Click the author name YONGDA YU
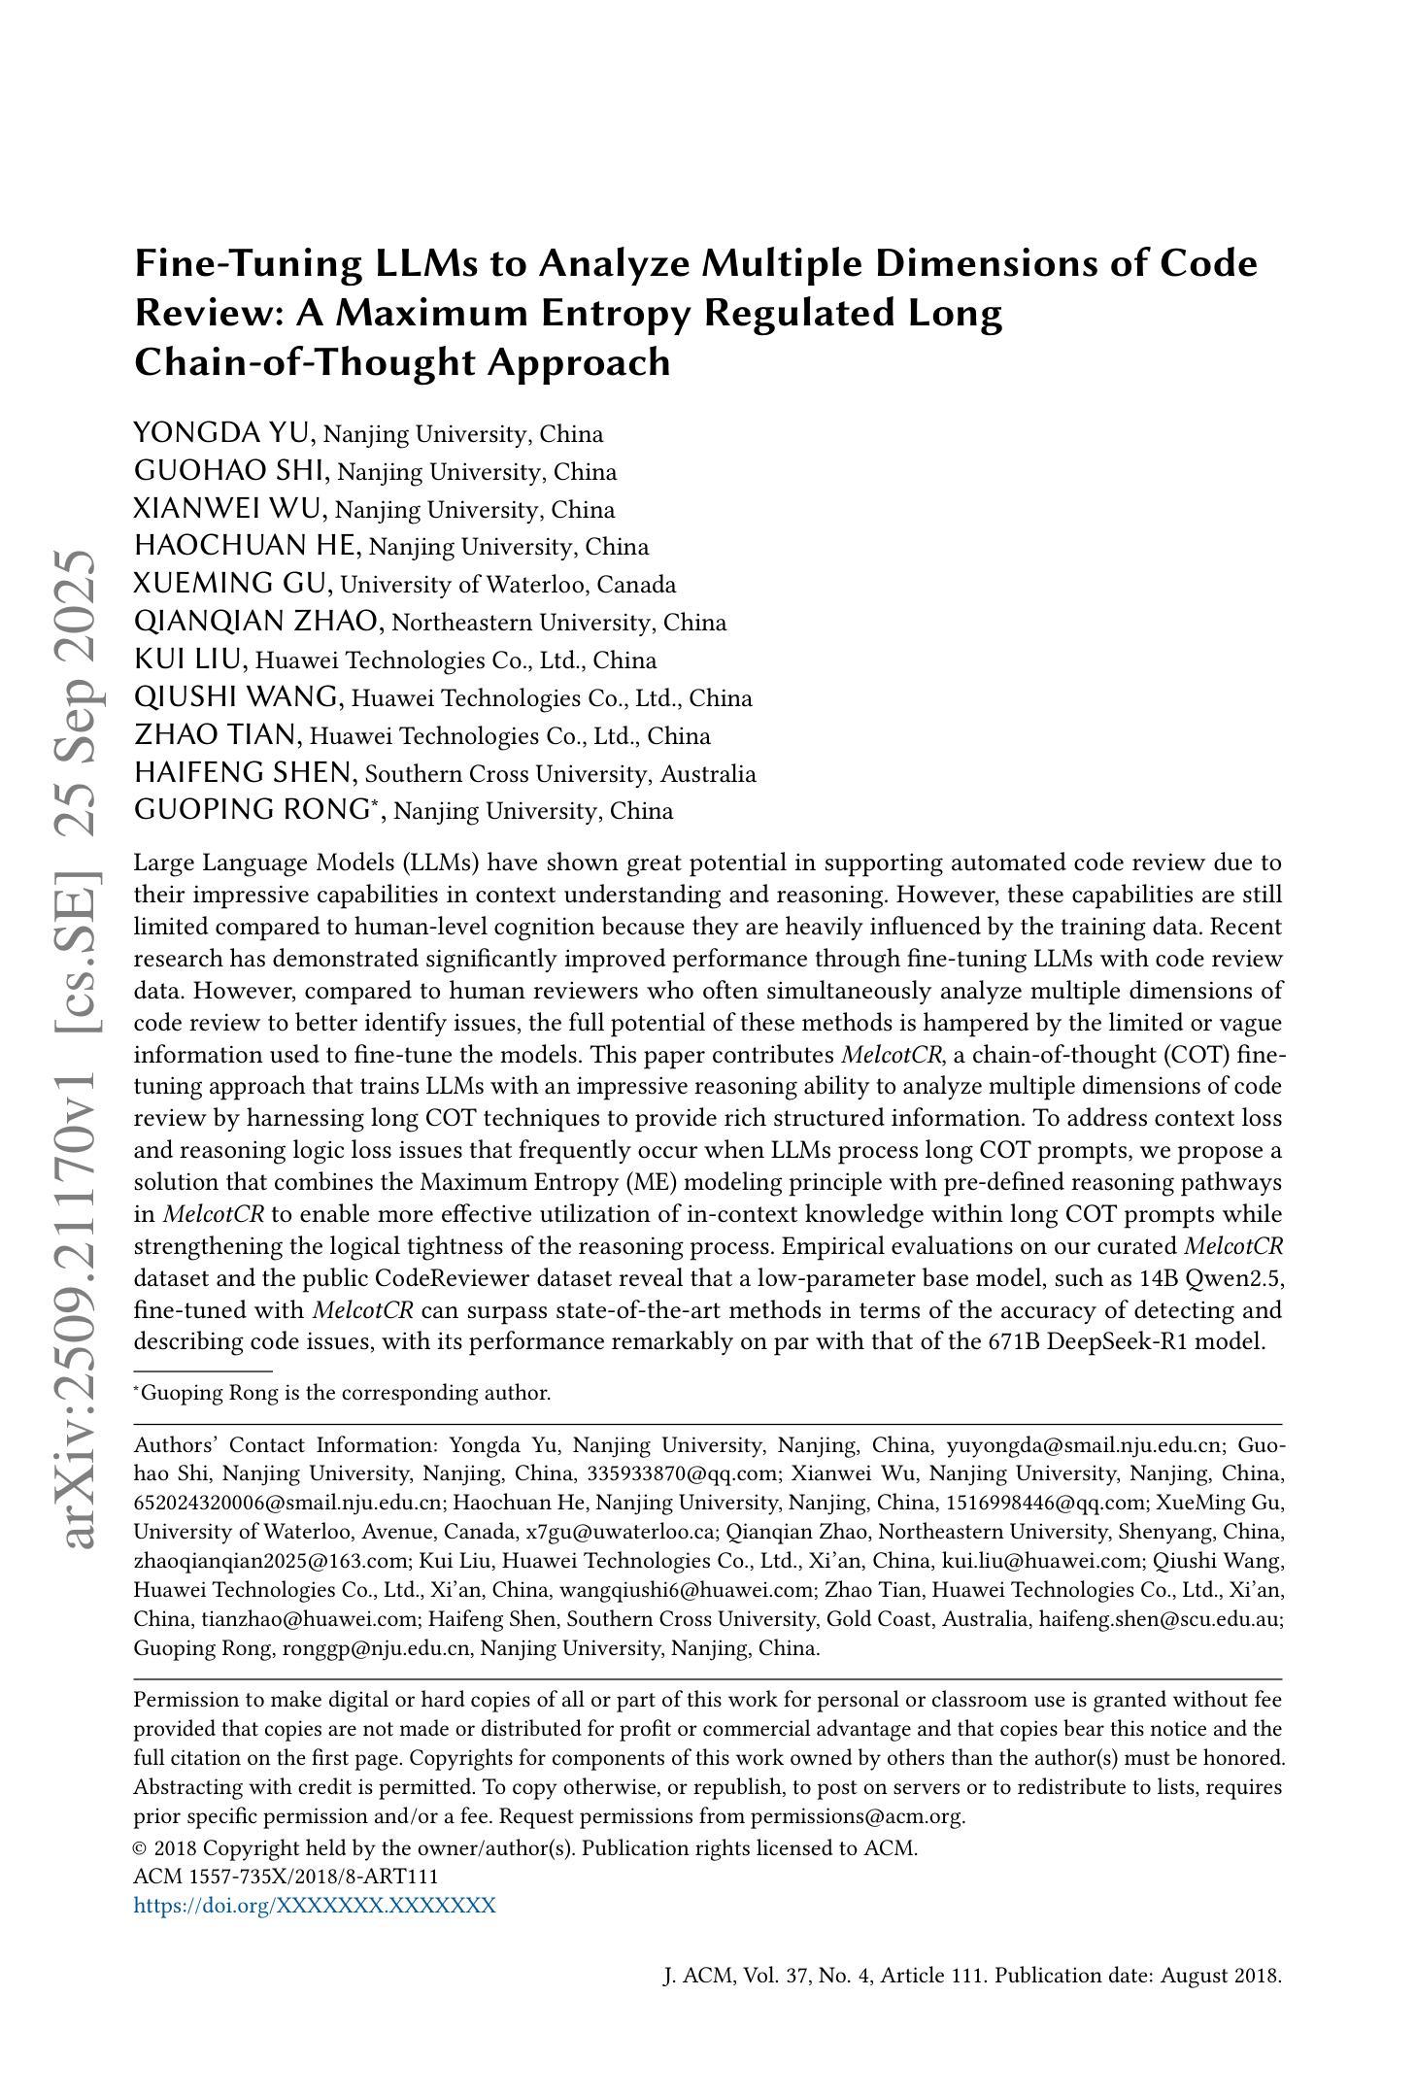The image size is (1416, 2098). click(222, 433)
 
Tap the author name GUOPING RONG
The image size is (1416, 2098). click(253, 810)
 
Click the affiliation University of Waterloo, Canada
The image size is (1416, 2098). click(508, 585)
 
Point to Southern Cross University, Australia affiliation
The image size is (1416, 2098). click(560, 774)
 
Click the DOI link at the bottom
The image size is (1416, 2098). click(315, 1905)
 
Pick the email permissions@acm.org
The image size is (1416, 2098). click(857, 1816)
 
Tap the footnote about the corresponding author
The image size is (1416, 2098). click(343, 1393)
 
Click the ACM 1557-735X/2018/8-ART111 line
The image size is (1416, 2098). click(286, 1877)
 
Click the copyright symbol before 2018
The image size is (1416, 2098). click(140, 1848)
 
